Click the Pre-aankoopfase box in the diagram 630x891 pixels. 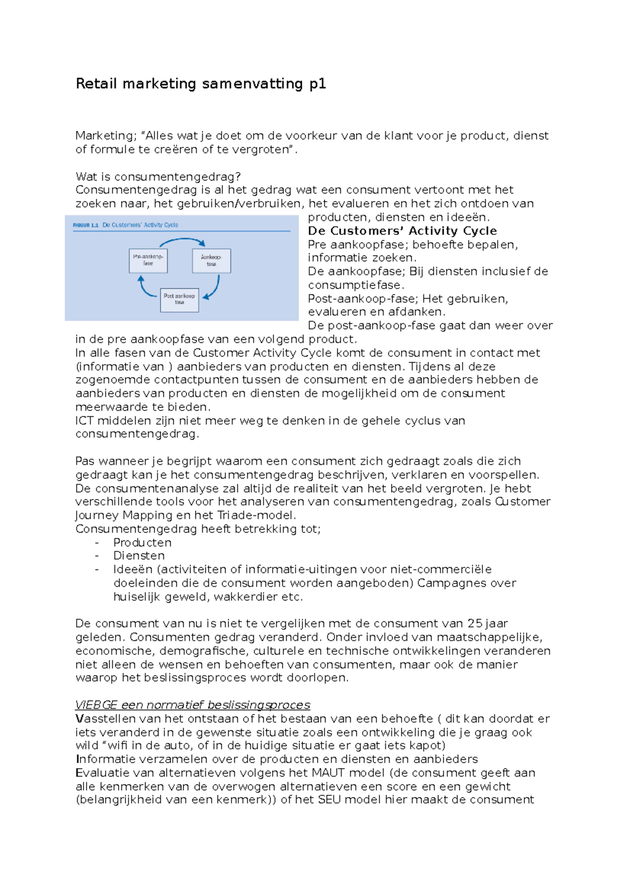click(x=148, y=260)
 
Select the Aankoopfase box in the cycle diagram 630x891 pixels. click(x=211, y=260)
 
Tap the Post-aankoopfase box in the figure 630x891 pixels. click(x=179, y=300)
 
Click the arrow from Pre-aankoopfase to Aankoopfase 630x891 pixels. click(x=181, y=240)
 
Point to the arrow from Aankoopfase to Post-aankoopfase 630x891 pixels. click(x=214, y=288)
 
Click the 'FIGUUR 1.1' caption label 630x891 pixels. click(x=86, y=225)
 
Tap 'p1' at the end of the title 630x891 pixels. click(x=318, y=84)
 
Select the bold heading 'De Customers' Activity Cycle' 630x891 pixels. click(x=402, y=231)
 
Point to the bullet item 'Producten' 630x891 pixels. click(x=142, y=542)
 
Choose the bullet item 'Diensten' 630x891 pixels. click(x=139, y=555)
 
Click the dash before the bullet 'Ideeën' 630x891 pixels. click(x=97, y=569)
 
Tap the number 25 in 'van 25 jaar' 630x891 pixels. click(x=475, y=623)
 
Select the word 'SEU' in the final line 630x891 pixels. click(x=329, y=800)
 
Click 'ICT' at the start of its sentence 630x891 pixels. click(x=85, y=420)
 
